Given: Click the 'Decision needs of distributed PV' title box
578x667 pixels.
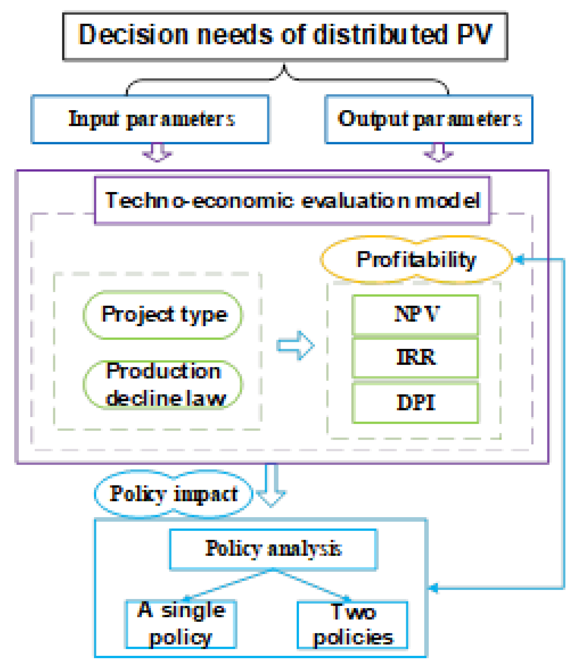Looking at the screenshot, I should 285,36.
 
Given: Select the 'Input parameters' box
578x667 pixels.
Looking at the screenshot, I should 150,119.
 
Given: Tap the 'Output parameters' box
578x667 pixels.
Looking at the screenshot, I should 429,119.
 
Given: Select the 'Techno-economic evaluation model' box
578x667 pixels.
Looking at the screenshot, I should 292,200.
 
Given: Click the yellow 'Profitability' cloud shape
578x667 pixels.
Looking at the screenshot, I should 416,260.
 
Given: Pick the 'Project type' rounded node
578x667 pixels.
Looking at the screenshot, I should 163,315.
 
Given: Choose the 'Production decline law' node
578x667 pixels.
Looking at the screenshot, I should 163,385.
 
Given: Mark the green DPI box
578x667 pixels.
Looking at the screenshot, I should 415,403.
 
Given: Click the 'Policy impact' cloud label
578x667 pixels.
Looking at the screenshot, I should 173,494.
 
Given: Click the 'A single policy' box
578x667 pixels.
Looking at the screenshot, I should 181,624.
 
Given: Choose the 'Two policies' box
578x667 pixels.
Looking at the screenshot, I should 353,625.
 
